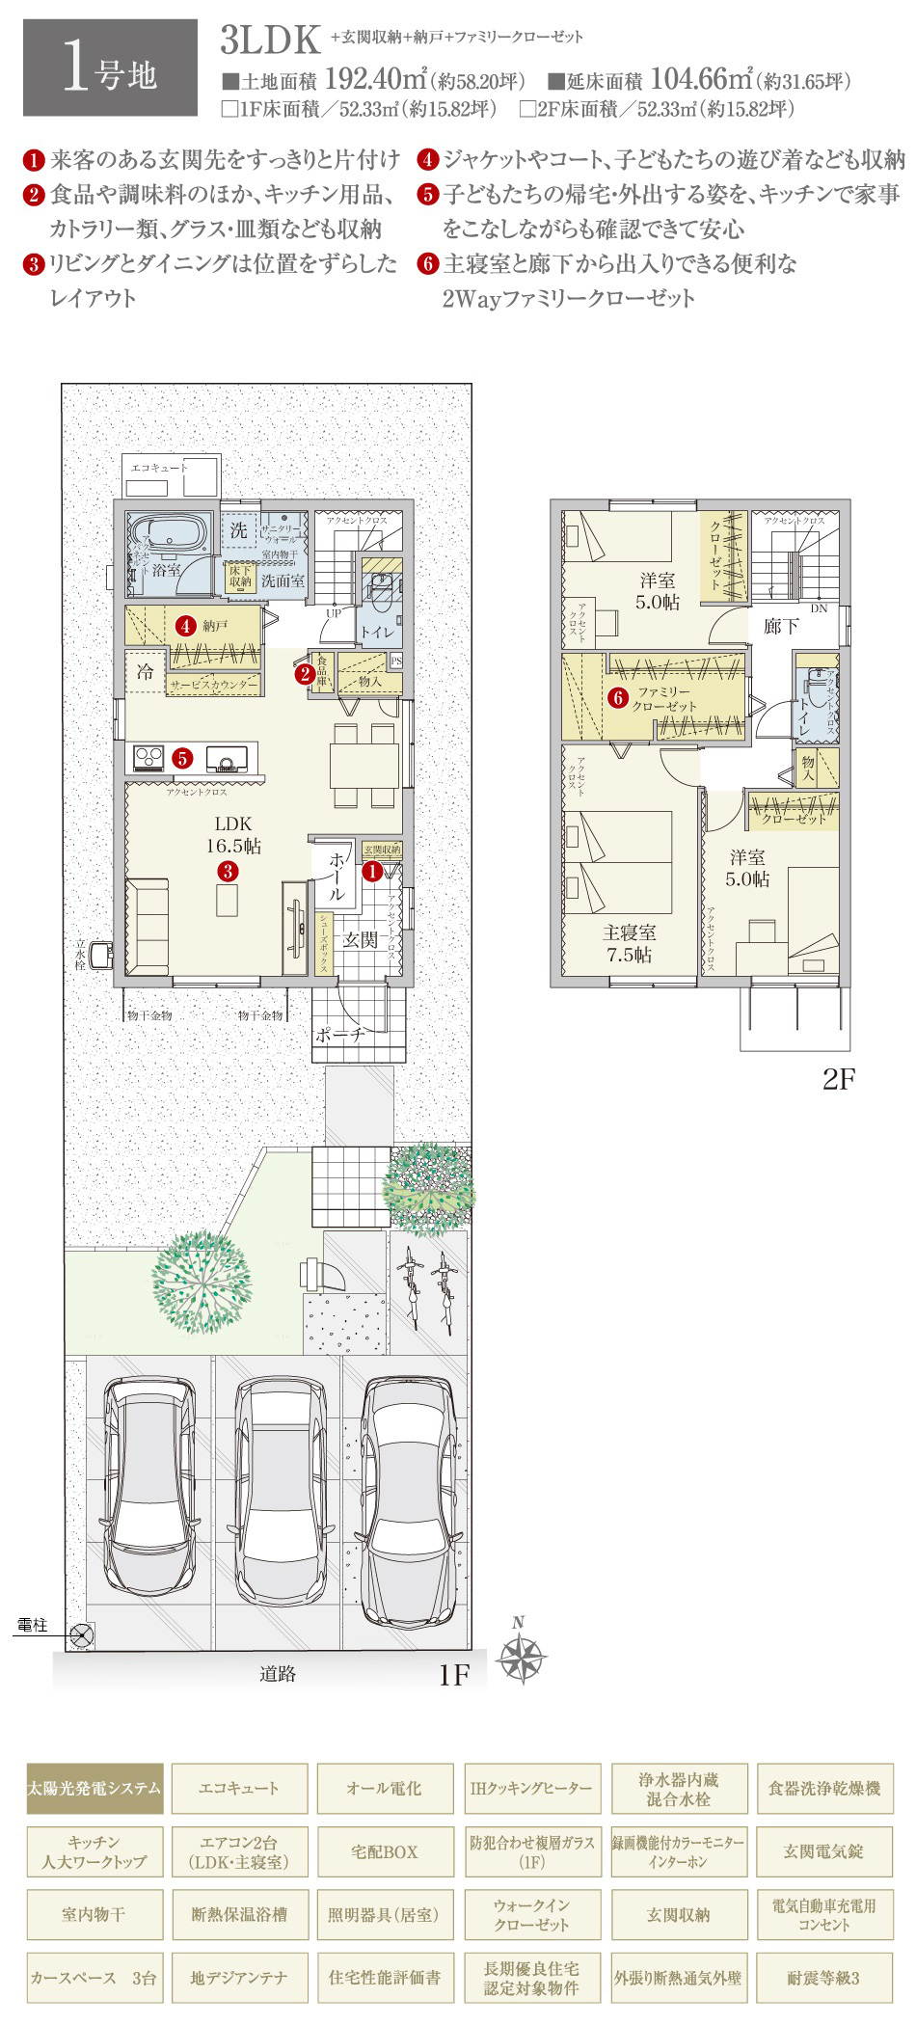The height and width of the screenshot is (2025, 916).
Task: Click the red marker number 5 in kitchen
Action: (182, 758)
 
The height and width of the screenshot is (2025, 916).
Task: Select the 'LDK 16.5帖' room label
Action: (232, 835)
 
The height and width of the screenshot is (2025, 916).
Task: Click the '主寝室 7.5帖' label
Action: (630, 943)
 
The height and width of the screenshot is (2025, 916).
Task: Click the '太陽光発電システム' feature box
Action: (94, 1788)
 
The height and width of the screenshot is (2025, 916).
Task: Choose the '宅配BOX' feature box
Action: (384, 1851)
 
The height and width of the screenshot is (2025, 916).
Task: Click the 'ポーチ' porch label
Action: (339, 1035)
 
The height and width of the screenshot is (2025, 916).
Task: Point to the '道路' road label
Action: (278, 1674)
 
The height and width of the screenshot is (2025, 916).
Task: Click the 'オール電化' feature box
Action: (384, 1788)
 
